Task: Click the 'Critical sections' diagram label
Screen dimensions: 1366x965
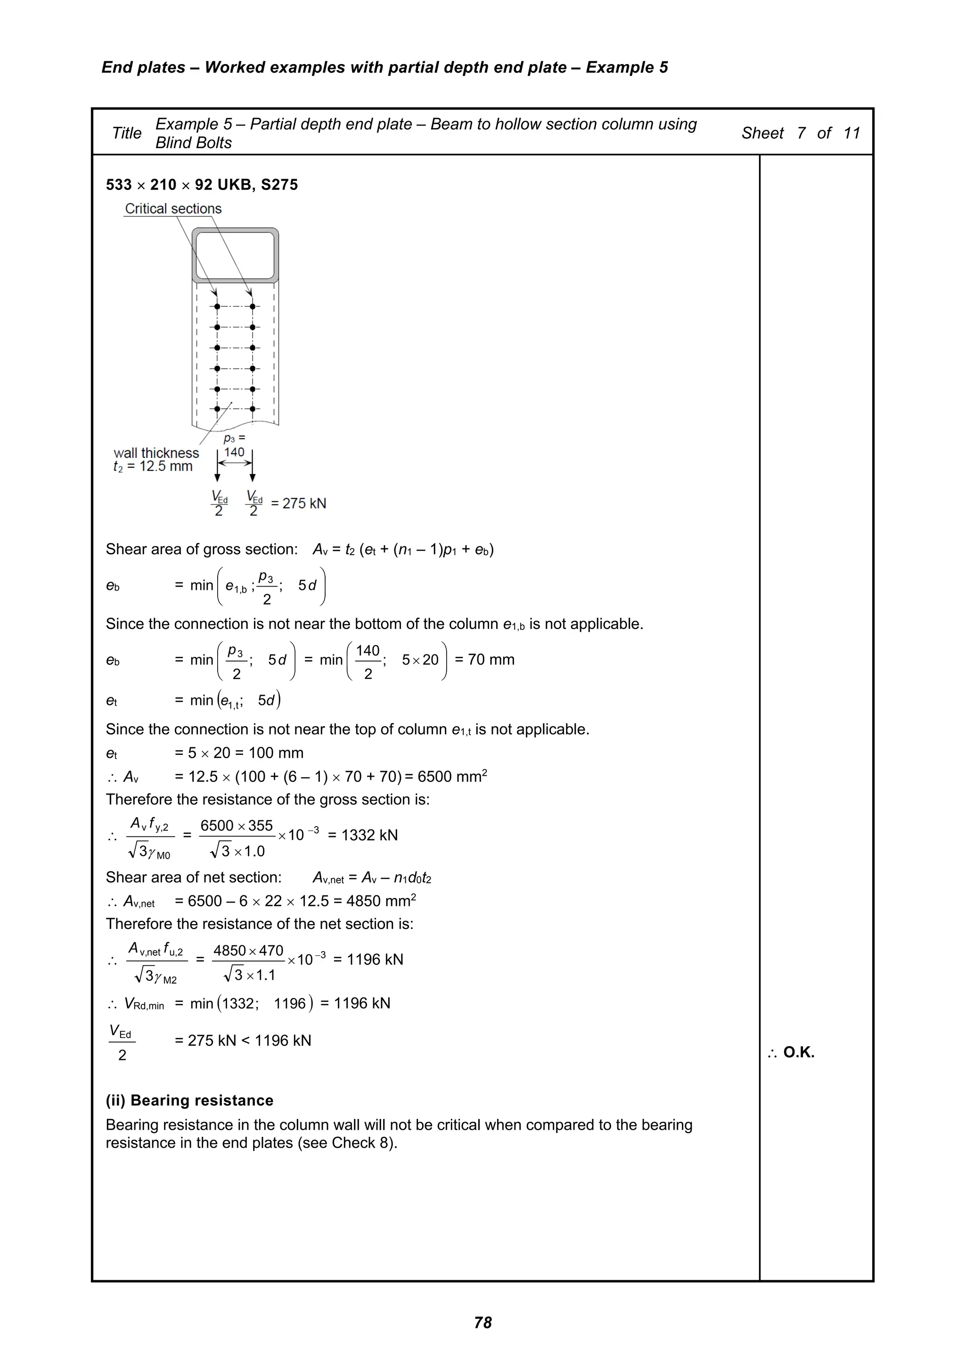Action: click(172, 209)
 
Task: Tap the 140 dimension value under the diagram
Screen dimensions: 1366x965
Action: click(234, 452)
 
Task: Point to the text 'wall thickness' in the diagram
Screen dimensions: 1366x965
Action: click(156, 453)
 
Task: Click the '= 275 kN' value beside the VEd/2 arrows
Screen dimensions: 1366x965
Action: click(298, 503)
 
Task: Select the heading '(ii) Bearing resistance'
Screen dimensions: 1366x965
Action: click(189, 1101)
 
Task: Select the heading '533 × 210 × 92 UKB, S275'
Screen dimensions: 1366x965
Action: click(202, 185)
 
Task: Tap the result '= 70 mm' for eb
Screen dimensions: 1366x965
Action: click(484, 660)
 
